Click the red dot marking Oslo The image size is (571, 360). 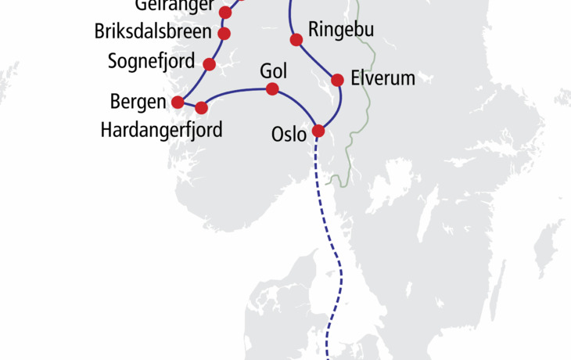click(x=318, y=131)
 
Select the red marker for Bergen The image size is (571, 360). click(x=178, y=102)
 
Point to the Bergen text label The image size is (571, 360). click(x=138, y=102)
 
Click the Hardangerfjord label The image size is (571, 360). click(x=161, y=129)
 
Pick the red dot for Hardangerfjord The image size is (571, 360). click(x=201, y=108)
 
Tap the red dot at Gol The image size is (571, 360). click(x=272, y=89)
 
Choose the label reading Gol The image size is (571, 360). click(x=273, y=71)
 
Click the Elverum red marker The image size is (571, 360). click(x=338, y=80)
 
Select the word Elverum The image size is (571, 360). click(x=382, y=79)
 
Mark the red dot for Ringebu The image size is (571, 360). click(x=296, y=40)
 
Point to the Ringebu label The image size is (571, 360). click(x=341, y=31)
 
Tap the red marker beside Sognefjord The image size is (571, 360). click(x=209, y=64)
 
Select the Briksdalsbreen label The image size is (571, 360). click(x=153, y=33)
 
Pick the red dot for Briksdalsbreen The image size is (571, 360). click(x=224, y=34)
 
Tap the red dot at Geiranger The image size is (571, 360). click(x=226, y=13)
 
